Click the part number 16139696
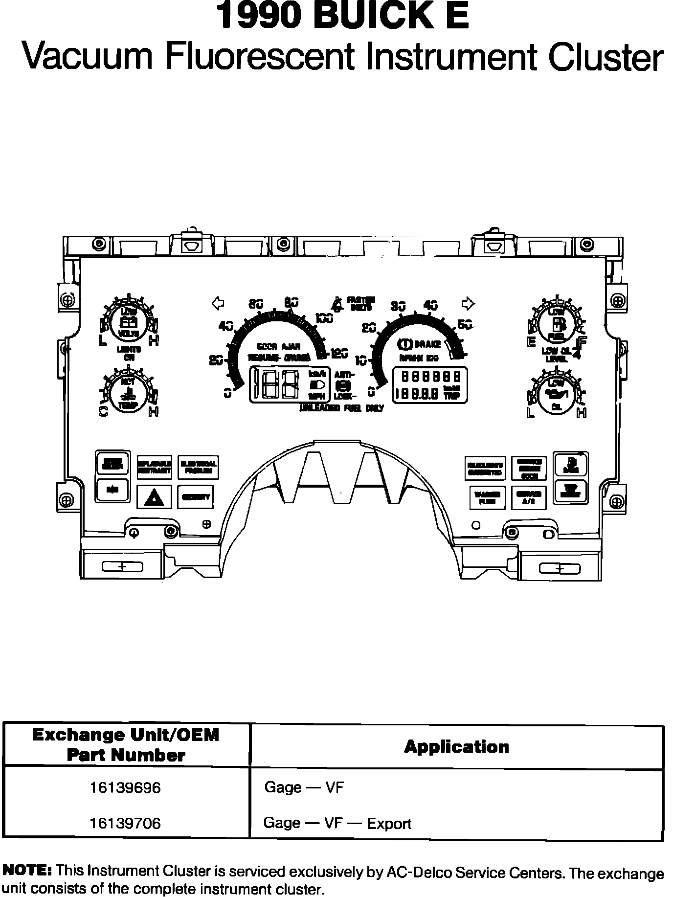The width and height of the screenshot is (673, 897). click(x=125, y=788)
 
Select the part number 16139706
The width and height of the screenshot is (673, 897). click(x=125, y=823)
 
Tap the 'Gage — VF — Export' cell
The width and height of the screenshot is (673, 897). click(x=337, y=823)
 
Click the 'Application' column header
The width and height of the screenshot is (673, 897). click(x=456, y=747)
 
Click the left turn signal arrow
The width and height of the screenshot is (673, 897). click(x=218, y=303)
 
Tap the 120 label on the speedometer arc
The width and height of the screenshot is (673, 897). click(x=339, y=353)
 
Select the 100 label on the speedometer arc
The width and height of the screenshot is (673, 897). click(x=324, y=318)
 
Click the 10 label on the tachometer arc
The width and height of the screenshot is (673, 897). click(x=361, y=361)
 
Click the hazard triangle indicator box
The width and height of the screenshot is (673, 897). click(x=154, y=497)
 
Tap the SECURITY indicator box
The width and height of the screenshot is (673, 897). click(x=196, y=497)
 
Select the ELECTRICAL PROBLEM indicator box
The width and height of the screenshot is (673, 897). click(x=198, y=467)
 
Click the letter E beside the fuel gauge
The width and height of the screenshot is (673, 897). click(x=532, y=342)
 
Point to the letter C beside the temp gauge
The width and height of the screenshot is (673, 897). click(x=104, y=411)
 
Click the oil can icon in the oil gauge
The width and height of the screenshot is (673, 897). click(x=557, y=394)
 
